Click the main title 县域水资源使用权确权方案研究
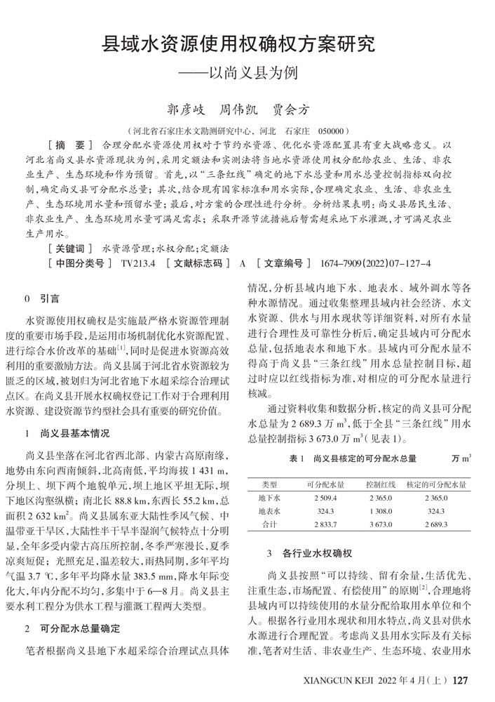239,46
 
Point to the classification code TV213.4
137,263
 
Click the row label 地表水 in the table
269,511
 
